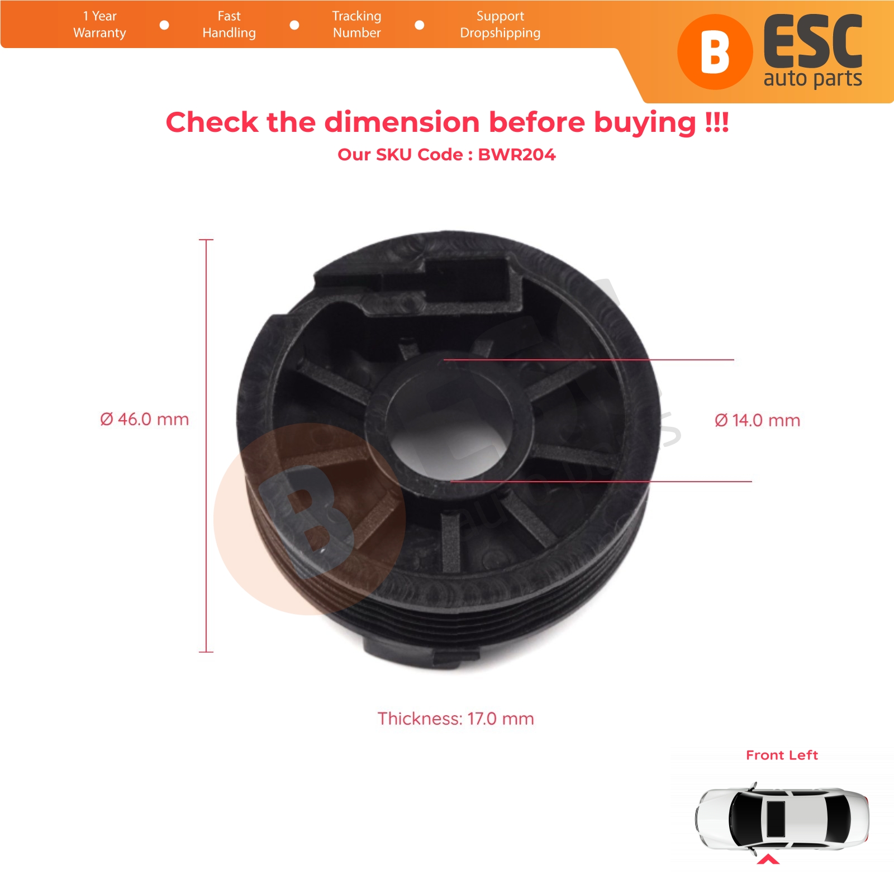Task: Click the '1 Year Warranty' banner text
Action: tap(99, 25)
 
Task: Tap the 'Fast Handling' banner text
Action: tap(229, 25)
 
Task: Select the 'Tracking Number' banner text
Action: tap(356, 25)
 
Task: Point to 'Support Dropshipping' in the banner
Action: tap(500, 25)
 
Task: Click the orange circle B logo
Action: tap(715, 52)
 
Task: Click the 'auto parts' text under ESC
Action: tap(813, 79)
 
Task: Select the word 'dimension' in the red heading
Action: tap(402, 122)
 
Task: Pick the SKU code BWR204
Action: tap(517, 154)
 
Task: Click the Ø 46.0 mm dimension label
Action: tap(144, 419)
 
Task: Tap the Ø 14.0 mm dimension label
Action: tap(757, 420)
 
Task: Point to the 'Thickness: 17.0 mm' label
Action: tap(455, 719)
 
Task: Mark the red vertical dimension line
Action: tap(206, 446)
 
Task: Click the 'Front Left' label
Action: tap(782, 755)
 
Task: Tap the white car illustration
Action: tap(782, 819)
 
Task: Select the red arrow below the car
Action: tap(768, 859)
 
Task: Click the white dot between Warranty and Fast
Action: tap(164, 25)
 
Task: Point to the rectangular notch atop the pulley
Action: tap(469, 279)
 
